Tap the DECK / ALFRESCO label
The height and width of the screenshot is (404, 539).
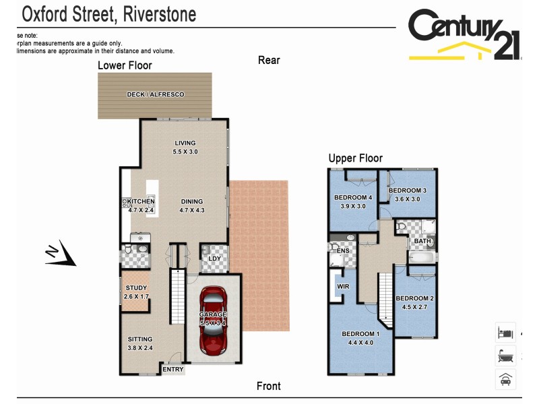tap(156, 95)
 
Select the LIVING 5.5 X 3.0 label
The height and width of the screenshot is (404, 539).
tap(185, 147)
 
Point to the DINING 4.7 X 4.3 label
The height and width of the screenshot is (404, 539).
tap(191, 206)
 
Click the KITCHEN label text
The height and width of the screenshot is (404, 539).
tap(141, 202)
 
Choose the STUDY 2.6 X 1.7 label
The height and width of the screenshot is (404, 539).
tap(135, 292)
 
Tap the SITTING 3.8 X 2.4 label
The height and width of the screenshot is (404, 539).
tap(140, 343)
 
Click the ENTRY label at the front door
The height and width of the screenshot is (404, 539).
tap(173, 370)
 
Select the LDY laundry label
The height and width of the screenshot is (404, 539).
tap(215, 259)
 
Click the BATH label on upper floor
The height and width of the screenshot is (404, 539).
tap(422, 241)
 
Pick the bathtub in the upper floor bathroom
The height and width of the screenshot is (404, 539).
tap(422, 257)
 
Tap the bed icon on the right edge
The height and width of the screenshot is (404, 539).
tap(505, 333)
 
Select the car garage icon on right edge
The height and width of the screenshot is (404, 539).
tap(505, 380)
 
